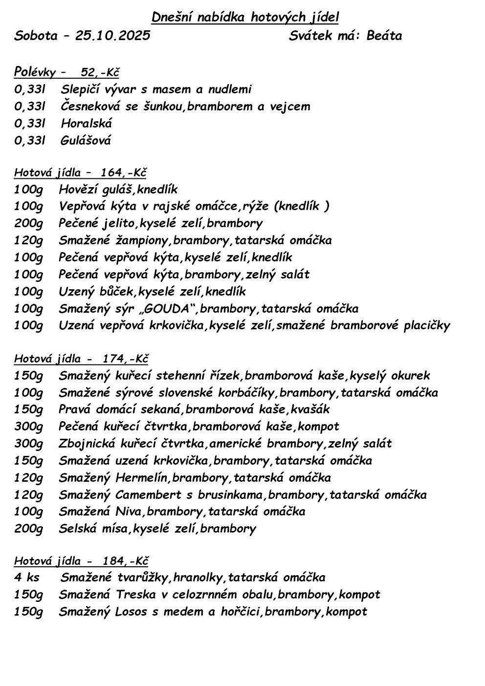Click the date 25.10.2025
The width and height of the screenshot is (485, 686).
point(113,36)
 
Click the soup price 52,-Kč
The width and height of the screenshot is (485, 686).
point(100,73)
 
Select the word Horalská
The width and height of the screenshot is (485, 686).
point(87,123)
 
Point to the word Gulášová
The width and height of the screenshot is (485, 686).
point(86,141)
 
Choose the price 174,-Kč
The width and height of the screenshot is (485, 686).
point(125,359)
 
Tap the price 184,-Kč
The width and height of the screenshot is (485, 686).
point(125,561)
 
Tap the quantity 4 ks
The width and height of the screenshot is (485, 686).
point(27,578)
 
